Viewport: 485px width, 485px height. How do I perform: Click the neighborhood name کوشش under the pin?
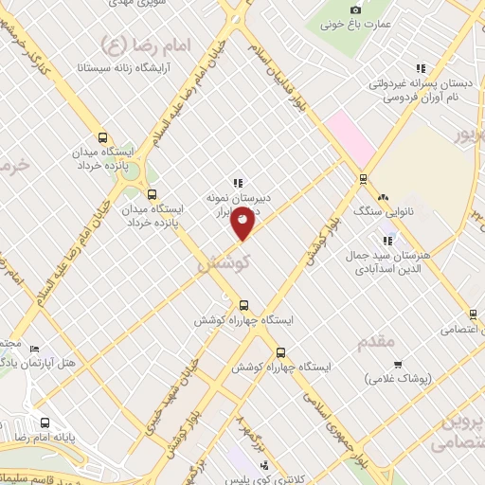tap(224, 264)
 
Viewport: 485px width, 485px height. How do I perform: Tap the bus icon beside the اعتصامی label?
tap(472, 314)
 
